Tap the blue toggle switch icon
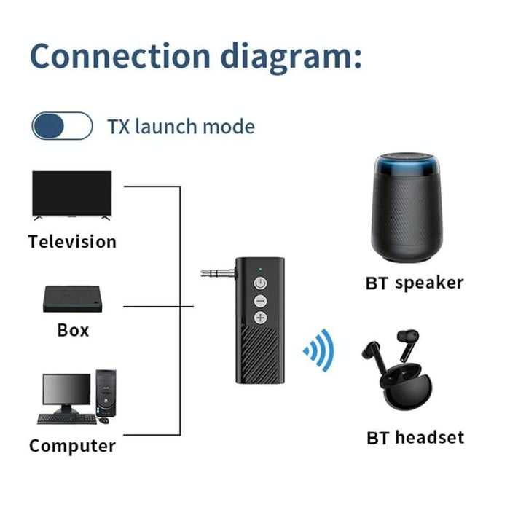(x=62, y=126)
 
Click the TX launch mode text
(x=181, y=126)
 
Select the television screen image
(x=71, y=193)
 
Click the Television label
(x=72, y=241)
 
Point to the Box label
(x=73, y=330)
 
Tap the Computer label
(x=72, y=444)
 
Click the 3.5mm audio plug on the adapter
(x=218, y=274)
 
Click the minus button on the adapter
(x=260, y=300)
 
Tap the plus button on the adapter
(x=260, y=318)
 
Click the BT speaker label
(x=414, y=283)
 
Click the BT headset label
(x=415, y=438)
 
